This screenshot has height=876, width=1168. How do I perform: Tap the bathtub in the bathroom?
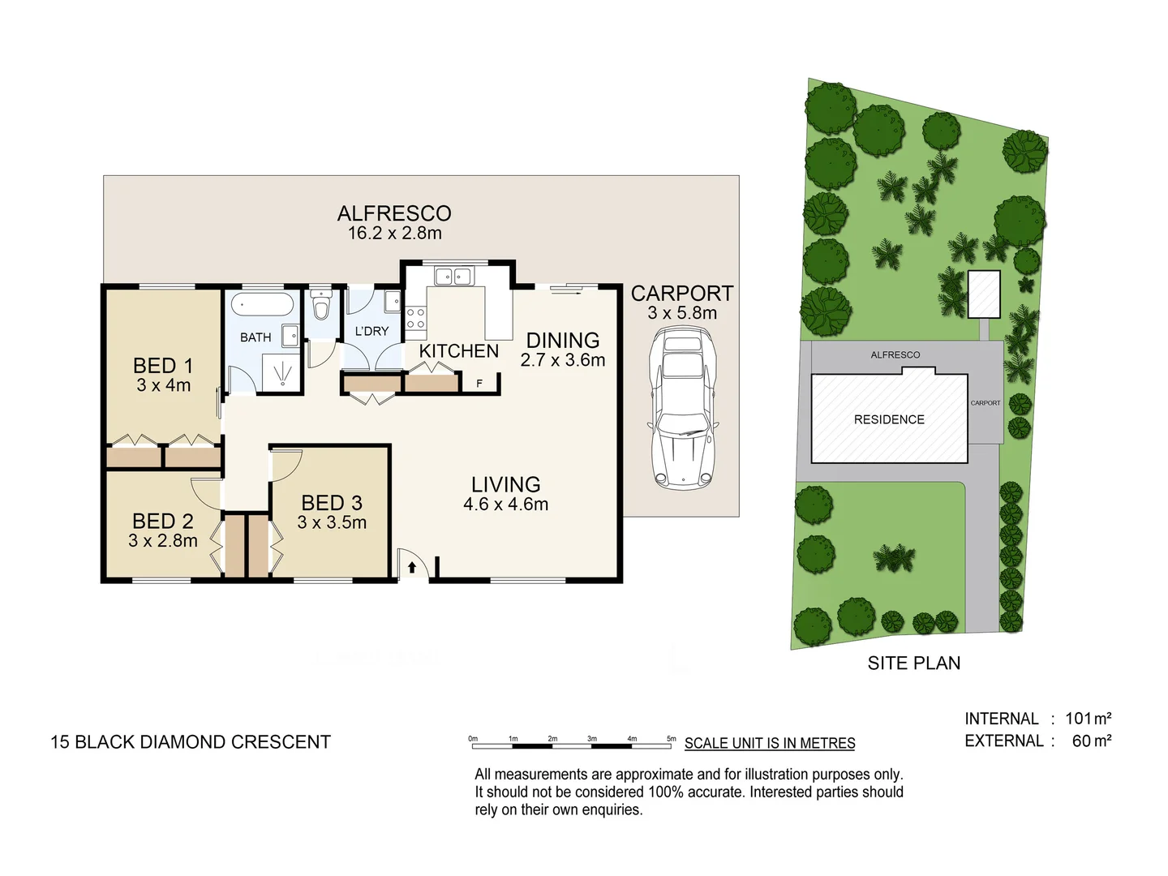pos(262,305)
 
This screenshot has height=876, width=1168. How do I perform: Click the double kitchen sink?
pos(453,277)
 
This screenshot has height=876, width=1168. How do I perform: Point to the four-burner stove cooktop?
pos(415,318)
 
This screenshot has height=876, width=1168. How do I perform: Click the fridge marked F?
pos(479,383)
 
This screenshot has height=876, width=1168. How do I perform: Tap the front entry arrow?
pos(412,567)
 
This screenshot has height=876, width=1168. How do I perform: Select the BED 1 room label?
pos(163,366)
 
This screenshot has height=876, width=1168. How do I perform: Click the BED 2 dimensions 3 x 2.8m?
pos(163,541)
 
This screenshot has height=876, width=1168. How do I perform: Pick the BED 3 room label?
pos(332,503)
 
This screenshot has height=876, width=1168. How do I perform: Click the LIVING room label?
pos(505,484)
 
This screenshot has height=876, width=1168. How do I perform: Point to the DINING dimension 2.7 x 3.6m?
pos(563,360)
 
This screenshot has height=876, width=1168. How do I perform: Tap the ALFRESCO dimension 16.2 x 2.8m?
pos(394,234)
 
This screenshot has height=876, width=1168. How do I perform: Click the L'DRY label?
pos(371,331)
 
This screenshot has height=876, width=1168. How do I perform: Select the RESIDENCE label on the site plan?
pos(889,419)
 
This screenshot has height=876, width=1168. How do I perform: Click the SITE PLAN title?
pos(913,663)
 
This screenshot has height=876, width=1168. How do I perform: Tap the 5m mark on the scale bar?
pos(671,739)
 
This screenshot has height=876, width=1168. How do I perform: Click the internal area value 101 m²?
pos(1088,719)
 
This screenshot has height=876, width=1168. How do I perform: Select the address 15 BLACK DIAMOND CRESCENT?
pos(191,742)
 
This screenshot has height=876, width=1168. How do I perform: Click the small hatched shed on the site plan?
pos(984,294)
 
